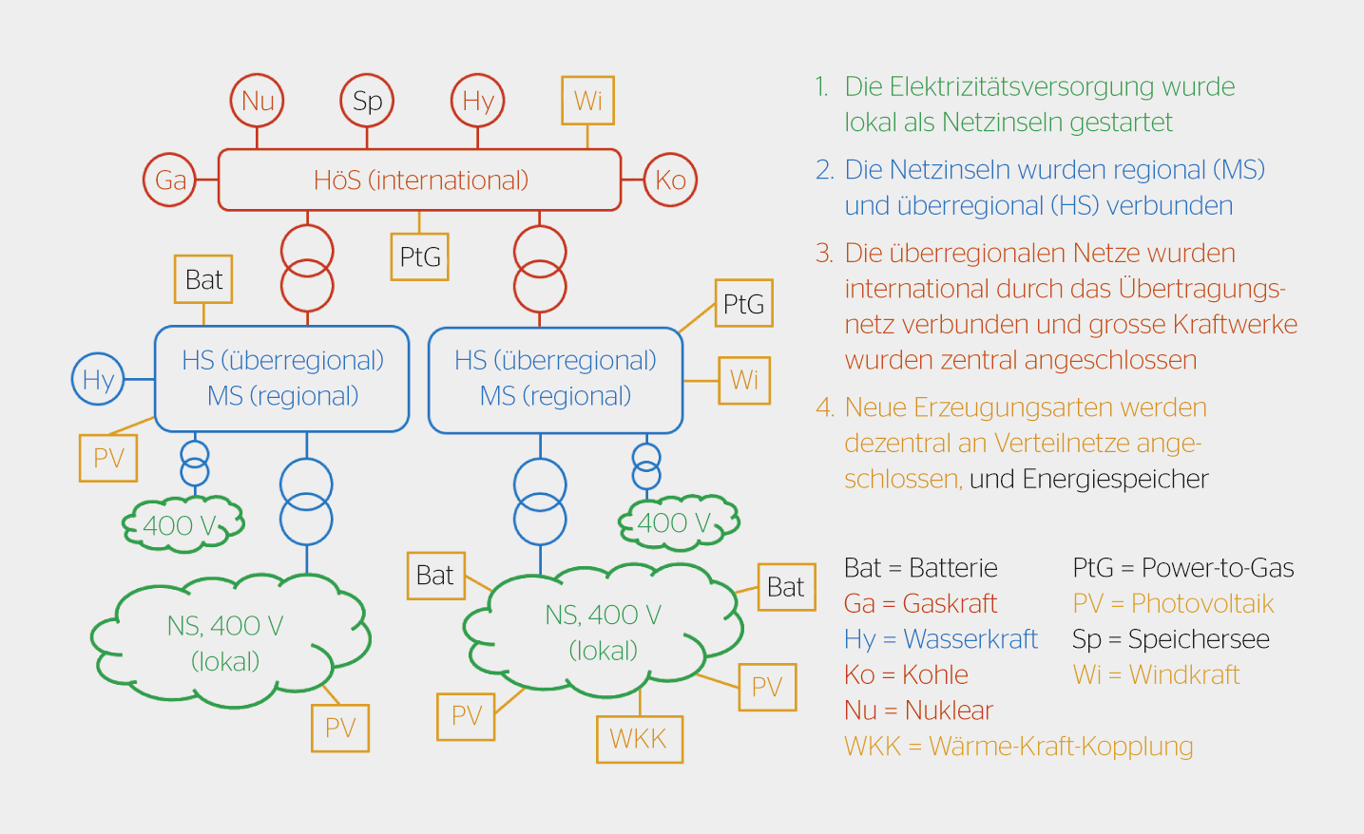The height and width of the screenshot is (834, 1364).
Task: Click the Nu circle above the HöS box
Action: pos(258,101)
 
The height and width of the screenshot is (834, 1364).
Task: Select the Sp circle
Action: pos(367,101)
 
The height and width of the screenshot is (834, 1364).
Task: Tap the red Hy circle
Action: pos(477,101)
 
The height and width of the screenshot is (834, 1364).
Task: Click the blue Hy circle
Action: pos(98,379)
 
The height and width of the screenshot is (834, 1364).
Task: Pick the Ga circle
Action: pos(170,180)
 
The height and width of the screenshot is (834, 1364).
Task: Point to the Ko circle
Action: pos(670,180)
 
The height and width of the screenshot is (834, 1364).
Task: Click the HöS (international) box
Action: pos(419,180)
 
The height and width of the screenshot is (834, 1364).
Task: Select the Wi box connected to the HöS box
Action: pos(587,100)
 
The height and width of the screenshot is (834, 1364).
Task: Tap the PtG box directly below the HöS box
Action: pos(419,256)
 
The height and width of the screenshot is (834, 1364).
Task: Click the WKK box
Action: pos(639,738)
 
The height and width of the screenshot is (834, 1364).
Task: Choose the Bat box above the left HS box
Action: pos(203,279)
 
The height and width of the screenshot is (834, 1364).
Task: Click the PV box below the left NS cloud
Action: pos(340,728)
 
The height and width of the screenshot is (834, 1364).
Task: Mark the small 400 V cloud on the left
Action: pos(183,524)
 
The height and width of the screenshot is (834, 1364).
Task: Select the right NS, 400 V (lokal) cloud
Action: pos(603,632)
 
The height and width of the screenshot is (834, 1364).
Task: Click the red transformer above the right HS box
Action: pos(540,269)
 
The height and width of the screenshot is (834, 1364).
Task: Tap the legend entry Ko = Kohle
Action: pos(906,674)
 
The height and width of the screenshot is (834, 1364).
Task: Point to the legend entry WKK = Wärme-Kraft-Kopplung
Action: pos(1018,746)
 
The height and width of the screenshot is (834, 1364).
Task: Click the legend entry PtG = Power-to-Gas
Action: pos(1182,568)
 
